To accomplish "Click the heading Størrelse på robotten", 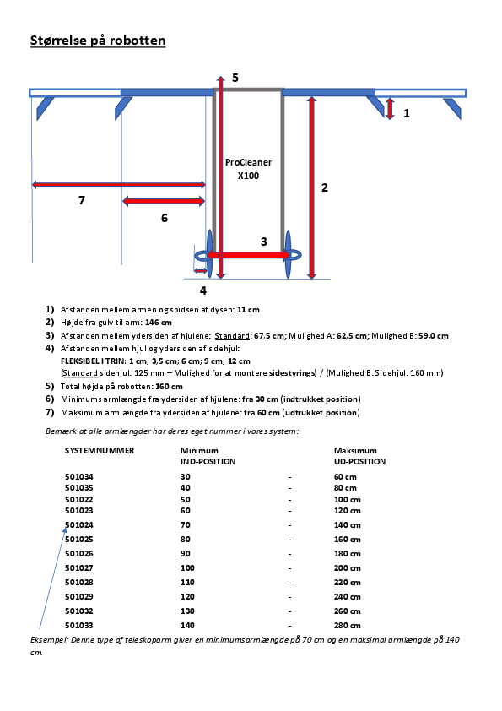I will click(98, 41).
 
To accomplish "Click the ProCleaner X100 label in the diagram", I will click(248, 169).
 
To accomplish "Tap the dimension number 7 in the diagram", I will click(81, 200).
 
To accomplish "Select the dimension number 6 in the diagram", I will click(164, 218).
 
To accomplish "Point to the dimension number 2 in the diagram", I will click(325, 187).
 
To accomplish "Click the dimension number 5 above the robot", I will click(235, 78).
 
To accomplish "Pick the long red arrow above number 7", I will click(118, 183).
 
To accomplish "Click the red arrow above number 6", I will click(164, 201).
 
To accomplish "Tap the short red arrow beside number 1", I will click(389, 108).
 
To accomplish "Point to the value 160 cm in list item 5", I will click(170, 386).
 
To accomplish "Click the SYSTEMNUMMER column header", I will click(100, 451).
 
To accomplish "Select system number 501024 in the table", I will click(79, 524).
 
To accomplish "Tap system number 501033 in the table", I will click(79, 625).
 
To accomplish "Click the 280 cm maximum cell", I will click(347, 625).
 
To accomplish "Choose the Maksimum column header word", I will click(355, 451).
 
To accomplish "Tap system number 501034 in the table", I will click(79, 477).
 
